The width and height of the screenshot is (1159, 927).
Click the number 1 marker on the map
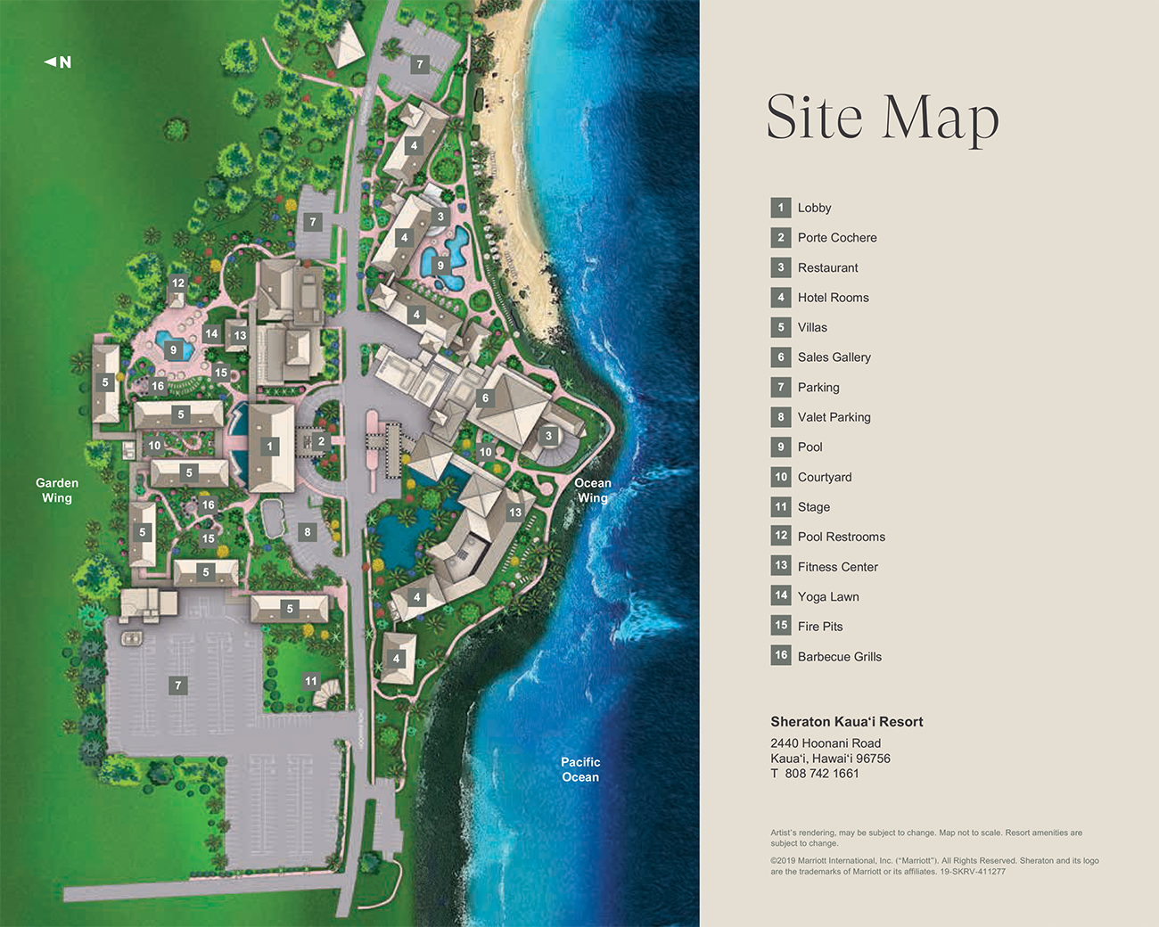click(x=270, y=447)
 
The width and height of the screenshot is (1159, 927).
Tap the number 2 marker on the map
click(x=322, y=441)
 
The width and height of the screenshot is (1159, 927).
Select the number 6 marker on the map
click(x=485, y=398)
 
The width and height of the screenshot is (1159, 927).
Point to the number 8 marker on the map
click(x=308, y=532)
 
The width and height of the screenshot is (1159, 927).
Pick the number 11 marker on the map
click(x=310, y=681)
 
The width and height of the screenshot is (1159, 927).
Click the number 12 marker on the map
click(x=178, y=283)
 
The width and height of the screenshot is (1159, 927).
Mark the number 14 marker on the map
click(x=211, y=334)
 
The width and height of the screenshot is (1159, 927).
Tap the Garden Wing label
click(x=57, y=490)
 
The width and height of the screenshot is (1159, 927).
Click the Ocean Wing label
click(x=593, y=490)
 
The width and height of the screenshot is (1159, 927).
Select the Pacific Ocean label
click(x=580, y=769)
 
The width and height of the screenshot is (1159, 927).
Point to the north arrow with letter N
click(x=58, y=62)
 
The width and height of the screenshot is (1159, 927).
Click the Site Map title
click(x=883, y=118)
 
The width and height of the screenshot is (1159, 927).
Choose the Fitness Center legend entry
click(x=837, y=567)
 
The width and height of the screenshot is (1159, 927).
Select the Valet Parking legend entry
click(x=834, y=417)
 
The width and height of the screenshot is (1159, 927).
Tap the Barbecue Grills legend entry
click(x=839, y=657)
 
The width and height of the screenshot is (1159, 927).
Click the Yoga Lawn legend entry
click(x=828, y=597)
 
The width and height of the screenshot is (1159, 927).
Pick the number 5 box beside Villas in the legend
click(x=781, y=327)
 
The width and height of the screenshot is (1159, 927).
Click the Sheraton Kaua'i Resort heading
click(x=847, y=722)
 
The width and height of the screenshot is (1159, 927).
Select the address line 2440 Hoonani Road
click(x=826, y=743)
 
